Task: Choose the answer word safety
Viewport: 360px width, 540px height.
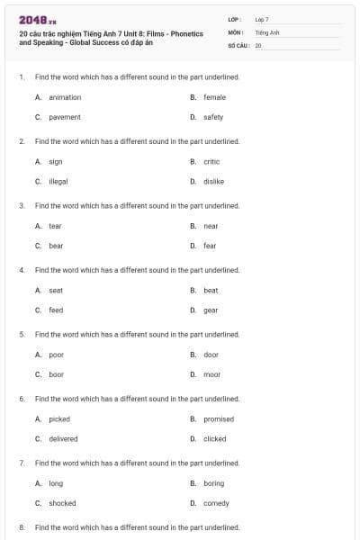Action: (x=213, y=117)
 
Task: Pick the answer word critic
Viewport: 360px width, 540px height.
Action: (x=211, y=162)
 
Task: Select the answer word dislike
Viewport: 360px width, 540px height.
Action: (x=213, y=181)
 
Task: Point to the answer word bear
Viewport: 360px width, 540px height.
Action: (x=56, y=246)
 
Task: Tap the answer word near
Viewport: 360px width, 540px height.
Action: (x=211, y=226)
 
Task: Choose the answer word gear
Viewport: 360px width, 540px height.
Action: (x=211, y=310)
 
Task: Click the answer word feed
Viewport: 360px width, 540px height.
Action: (x=56, y=310)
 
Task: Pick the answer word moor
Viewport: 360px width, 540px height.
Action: (x=211, y=374)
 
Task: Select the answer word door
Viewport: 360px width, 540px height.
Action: (x=211, y=355)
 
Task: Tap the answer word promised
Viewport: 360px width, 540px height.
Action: (x=219, y=419)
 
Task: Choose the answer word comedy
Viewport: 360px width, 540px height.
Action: (x=216, y=503)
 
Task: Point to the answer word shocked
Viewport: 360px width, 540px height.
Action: (x=62, y=503)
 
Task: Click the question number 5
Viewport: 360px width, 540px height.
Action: (x=21, y=334)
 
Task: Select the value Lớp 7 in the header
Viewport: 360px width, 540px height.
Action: (x=262, y=19)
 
